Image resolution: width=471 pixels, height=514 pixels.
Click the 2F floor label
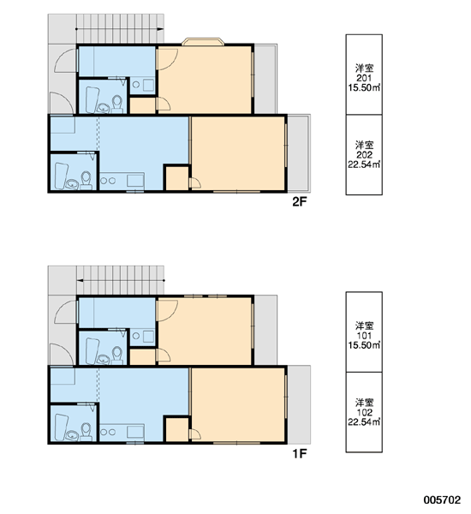299,202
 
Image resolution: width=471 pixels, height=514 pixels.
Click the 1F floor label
299,454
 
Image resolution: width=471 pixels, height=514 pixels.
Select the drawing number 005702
442,499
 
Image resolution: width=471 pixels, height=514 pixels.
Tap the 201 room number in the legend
364,78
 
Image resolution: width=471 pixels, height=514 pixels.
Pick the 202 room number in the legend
364,155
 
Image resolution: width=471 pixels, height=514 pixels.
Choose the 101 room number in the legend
364,336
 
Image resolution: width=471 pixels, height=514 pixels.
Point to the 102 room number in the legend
364,412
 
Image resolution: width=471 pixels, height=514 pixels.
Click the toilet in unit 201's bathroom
117,104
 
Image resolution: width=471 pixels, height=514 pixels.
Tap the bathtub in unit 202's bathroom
61,176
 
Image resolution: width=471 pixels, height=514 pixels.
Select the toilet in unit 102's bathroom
86,431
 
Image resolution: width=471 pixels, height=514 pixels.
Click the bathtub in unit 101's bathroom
92,351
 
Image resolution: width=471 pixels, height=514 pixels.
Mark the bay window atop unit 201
203,41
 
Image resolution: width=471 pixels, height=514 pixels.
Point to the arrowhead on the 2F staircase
160,29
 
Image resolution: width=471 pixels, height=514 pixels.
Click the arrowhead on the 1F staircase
80,281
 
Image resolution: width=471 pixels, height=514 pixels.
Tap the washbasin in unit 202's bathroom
71,184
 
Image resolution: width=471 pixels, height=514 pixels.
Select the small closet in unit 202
177,179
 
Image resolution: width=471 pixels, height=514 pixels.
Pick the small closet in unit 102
177,430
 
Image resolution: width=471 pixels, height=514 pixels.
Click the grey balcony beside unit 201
265,79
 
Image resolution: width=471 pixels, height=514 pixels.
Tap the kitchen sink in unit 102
135,431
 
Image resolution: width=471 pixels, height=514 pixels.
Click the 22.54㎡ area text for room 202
364,164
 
